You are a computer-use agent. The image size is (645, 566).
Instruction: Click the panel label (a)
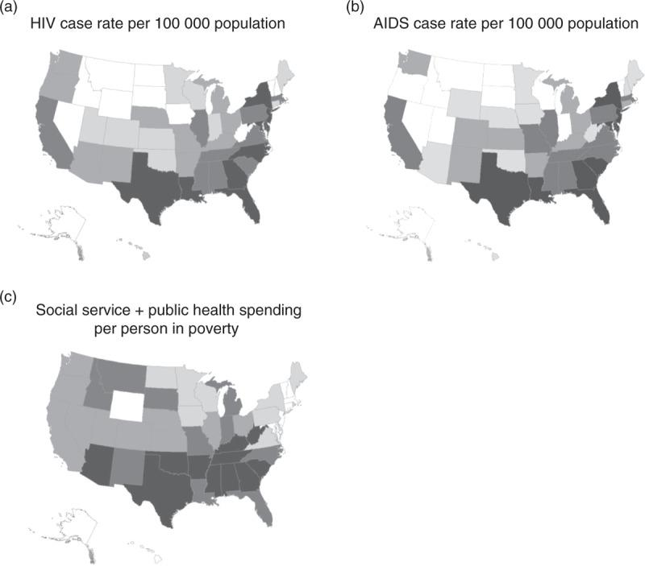point(10,7)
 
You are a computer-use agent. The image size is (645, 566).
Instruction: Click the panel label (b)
point(355,7)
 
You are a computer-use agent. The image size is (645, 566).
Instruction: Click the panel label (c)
point(10,297)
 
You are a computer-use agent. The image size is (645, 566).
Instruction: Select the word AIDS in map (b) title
point(415,24)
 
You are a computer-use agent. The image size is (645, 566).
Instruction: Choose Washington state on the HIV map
point(66,62)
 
